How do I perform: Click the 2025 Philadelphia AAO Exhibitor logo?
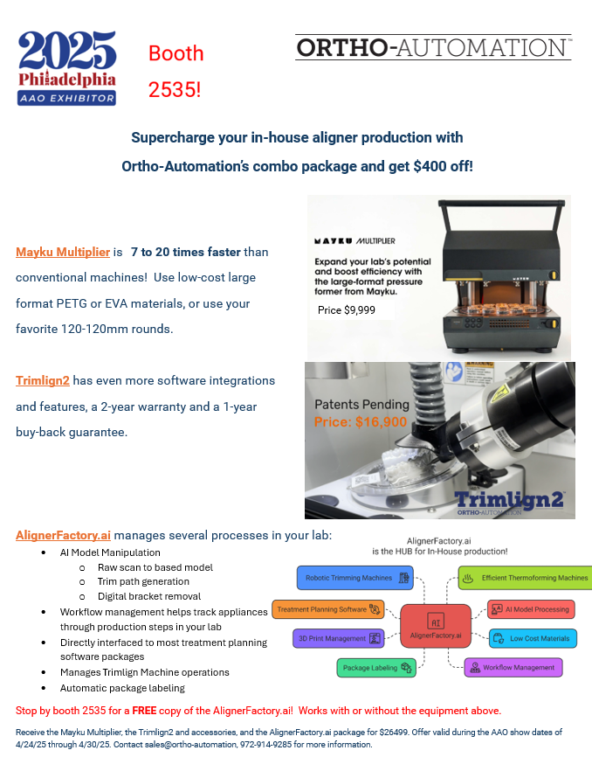(67, 68)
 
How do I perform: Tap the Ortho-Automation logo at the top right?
(433, 47)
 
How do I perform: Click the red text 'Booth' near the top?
(176, 53)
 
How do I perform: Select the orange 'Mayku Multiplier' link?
(63, 252)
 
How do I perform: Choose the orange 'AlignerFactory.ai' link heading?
(63, 535)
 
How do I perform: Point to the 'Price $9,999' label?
(348, 309)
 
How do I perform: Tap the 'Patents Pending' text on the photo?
(362, 405)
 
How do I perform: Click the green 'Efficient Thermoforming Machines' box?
(525, 578)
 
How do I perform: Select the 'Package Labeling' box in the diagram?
(376, 668)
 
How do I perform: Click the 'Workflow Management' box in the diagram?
(513, 668)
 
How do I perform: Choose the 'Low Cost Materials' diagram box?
(532, 638)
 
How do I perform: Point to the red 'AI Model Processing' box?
(528, 608)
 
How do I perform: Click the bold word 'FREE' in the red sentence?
(145, 710)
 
